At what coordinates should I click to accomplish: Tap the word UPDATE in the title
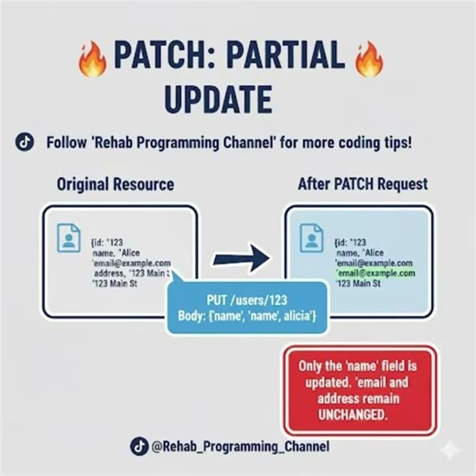(220, 99)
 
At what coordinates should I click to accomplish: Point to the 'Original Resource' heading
(115, 184)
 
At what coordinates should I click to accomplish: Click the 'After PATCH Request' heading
(362, 184)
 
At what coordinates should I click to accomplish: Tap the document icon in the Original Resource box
(70, 238)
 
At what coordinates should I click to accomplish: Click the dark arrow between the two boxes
(242, 260)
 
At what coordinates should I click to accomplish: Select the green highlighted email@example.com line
(375, 273)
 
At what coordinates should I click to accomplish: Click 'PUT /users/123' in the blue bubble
(244, 299)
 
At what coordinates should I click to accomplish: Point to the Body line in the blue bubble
(244, 317)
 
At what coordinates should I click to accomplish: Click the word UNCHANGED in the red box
(359, 415)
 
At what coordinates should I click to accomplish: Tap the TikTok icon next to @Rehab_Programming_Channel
(138, 447)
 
